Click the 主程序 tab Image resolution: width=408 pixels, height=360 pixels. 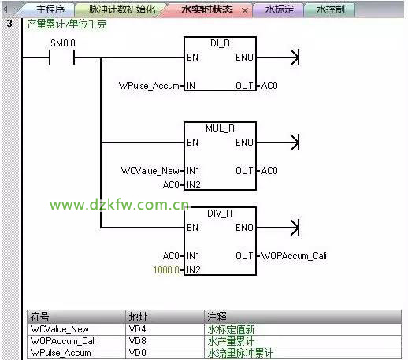tap(50, 9)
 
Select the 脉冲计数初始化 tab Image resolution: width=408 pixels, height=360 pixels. tap(122, 9)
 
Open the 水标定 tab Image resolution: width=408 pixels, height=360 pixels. tap(279, 9)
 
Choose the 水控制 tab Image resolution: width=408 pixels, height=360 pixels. tap(330, 9)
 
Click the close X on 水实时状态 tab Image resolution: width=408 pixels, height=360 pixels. tap(245, 11)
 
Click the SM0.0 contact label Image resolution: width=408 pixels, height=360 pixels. tap(63, 43)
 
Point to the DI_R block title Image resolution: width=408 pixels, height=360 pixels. tap(220, 43)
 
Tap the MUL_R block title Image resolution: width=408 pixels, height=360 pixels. tap(220, 128)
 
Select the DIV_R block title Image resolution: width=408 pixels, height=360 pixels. tap(220, 213)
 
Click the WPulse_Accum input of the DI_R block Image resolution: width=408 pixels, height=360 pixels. tap(149, 86)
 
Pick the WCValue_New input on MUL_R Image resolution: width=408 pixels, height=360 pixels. tap(150, 171)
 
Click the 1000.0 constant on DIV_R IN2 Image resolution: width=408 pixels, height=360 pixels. tap(166, 269)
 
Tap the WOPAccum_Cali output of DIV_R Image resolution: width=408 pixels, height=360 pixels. tap(294, 256)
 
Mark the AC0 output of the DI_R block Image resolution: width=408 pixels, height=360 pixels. tap(269, 86)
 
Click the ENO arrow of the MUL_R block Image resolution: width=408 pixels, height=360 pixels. tap(278, 143)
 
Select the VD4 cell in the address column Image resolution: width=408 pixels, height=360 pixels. tap(137, 329)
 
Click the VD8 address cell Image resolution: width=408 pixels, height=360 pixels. tap(137, 341)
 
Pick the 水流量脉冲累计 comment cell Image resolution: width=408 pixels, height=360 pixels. tap(240, 353)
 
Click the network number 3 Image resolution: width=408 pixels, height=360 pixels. tap(9, 24)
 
